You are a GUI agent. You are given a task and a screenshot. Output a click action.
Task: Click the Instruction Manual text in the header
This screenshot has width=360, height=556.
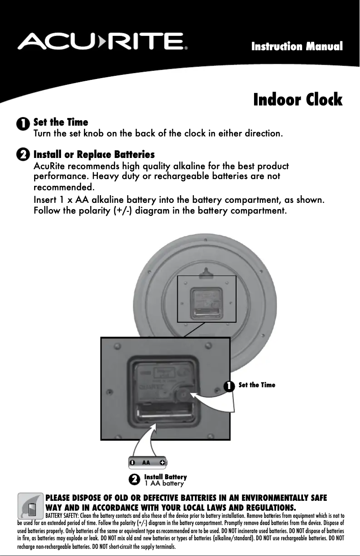coord(297,46)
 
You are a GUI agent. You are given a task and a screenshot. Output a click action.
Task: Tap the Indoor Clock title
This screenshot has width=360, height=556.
coord(298,99)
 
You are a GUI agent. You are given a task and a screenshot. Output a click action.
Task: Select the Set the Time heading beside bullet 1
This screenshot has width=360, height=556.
coord(61,122)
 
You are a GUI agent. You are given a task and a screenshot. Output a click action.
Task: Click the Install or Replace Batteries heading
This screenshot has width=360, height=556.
coord(94,155)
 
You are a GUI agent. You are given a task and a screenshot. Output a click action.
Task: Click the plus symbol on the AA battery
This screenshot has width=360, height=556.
coord(162,462)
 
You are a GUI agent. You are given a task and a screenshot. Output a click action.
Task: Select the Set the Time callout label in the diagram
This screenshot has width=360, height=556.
coord(257,385)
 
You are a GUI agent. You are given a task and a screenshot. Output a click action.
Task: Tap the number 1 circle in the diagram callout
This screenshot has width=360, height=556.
coord(229,386)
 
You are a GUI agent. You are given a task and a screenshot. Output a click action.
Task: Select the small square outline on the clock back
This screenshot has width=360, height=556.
coord(206,299)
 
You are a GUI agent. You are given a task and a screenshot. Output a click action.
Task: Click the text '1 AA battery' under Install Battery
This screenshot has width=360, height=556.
coord(164,483)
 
